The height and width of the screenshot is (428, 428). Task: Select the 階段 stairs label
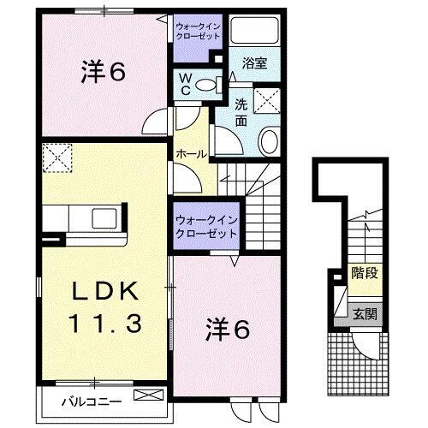tap(366, 274)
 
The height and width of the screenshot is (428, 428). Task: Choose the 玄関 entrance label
tap(366, 314)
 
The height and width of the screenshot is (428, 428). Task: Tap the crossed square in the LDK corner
tap(58, 158)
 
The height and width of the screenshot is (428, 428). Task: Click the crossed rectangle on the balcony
tap(147, 396)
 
